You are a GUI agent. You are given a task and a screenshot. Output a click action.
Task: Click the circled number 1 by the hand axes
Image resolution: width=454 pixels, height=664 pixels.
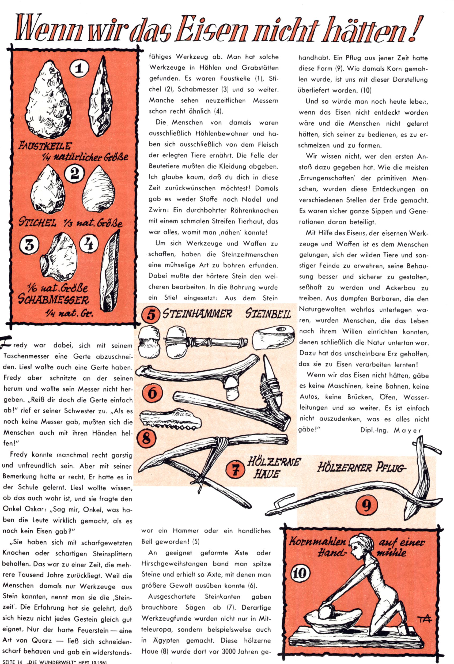(79, 69)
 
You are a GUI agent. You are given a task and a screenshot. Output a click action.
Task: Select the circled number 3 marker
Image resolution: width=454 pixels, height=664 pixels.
(29, 246)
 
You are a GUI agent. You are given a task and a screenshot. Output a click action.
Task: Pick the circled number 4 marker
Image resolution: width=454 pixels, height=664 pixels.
(89, 244)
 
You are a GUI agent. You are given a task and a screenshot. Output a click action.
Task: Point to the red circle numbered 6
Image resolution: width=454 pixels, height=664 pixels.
(152, 393)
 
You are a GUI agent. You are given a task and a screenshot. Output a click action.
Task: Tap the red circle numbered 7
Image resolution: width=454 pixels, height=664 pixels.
(235, 470)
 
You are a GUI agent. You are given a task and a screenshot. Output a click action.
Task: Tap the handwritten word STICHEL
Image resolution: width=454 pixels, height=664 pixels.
(37, 222)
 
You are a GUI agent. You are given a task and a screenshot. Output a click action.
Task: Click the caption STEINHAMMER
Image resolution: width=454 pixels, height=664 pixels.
(197, 314)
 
